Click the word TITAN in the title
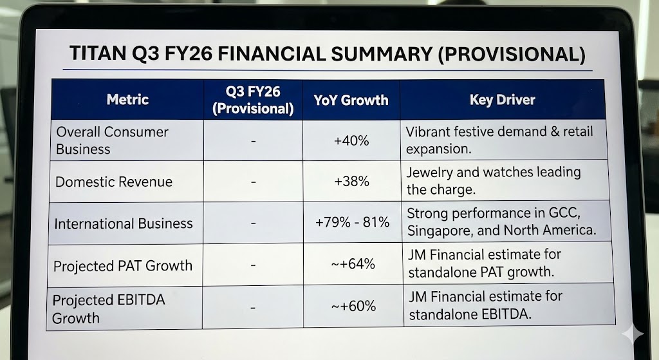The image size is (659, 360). coord(95,54)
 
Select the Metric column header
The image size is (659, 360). coord(127,100)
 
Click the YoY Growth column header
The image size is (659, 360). coord(351,100)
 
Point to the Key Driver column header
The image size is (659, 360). coord(502,100)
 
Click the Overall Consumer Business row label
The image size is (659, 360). coord(112,140)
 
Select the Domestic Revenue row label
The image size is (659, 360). coord(114,182)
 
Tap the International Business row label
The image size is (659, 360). coord(124,223)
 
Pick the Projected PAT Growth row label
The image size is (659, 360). coord(122,265)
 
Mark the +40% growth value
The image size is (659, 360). coord(351,140)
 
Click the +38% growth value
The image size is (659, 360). coord(351,182)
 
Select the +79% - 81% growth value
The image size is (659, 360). coord(352,223)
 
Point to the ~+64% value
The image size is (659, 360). coord(353,264)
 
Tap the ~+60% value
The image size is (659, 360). coord(353,307)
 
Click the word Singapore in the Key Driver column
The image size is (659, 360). coord(436,230)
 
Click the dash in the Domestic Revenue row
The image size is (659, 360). coord(254,182)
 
